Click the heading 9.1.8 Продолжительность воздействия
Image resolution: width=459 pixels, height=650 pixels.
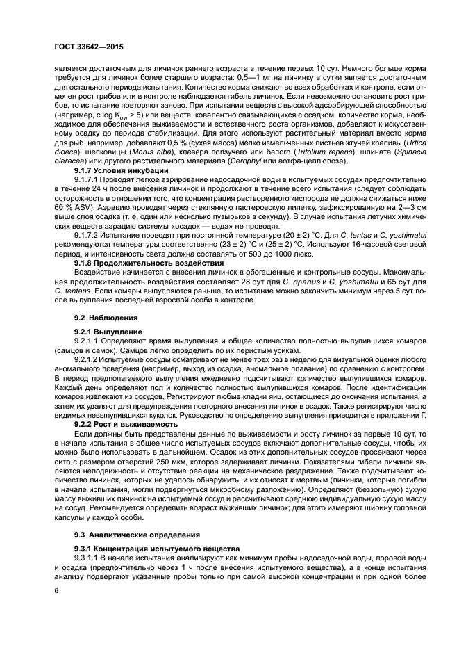tap(140, 263)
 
